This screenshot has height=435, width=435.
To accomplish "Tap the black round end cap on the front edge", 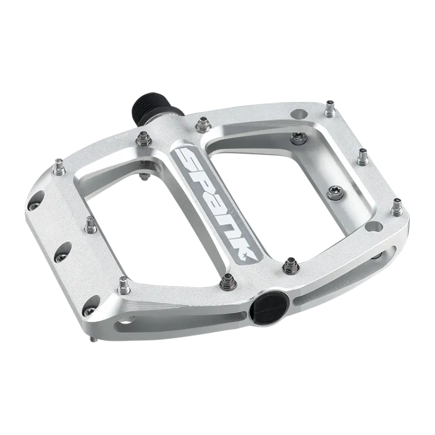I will pos(266,304).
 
